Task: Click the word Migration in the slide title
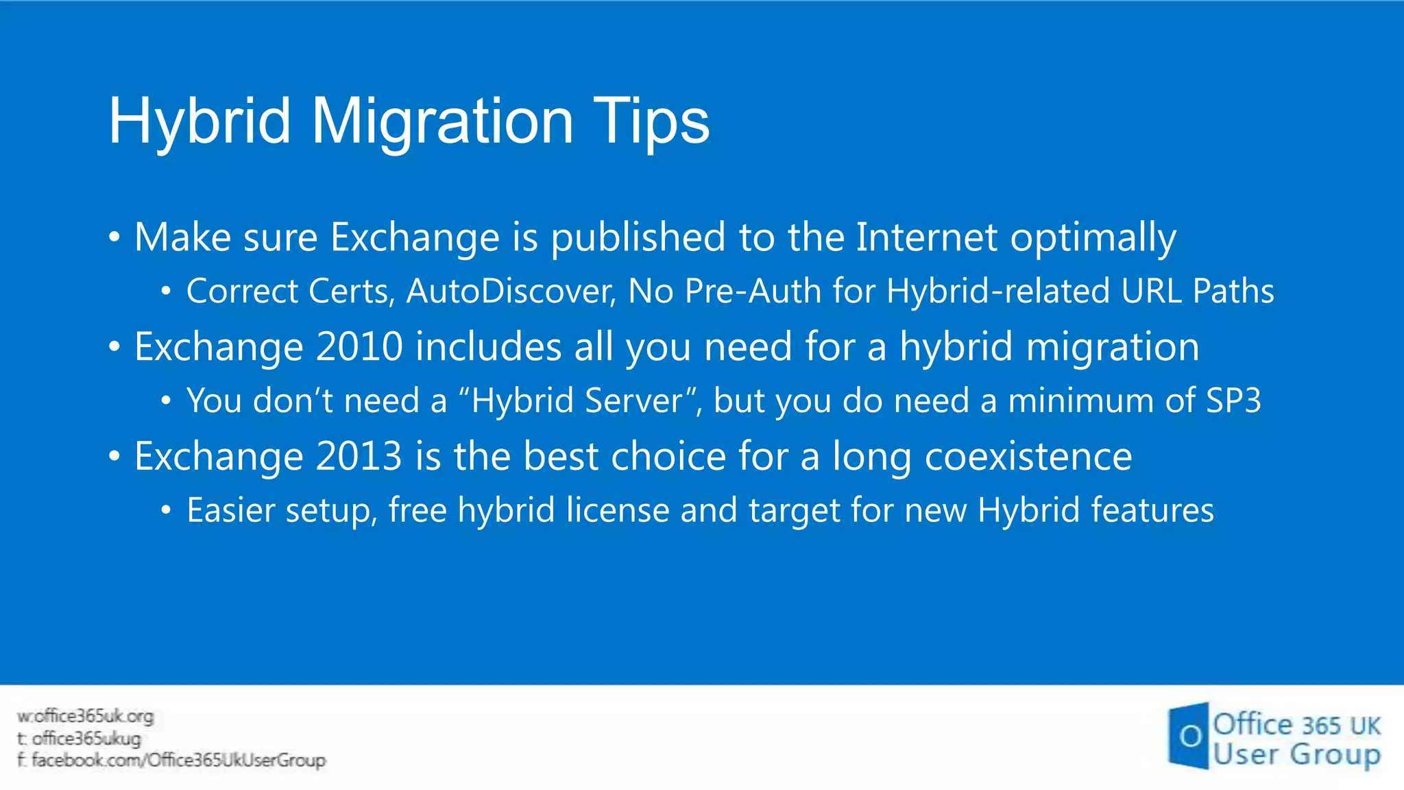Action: [442, 122]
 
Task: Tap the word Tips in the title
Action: [651, 122]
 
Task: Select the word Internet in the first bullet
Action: [926, 237]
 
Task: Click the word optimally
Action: [1093, 239]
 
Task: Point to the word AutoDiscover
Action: [511, 291]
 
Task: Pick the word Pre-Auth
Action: [753, 291]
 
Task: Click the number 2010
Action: [359, 346]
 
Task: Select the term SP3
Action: [1233, 400]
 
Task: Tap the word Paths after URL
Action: [1233, 291]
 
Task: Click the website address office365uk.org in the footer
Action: [93, 717]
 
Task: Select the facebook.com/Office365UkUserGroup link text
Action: [178, 761]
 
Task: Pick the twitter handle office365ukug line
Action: [86, 739]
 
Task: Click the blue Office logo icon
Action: [1188, 736]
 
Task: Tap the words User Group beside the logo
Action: [1296, 754]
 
